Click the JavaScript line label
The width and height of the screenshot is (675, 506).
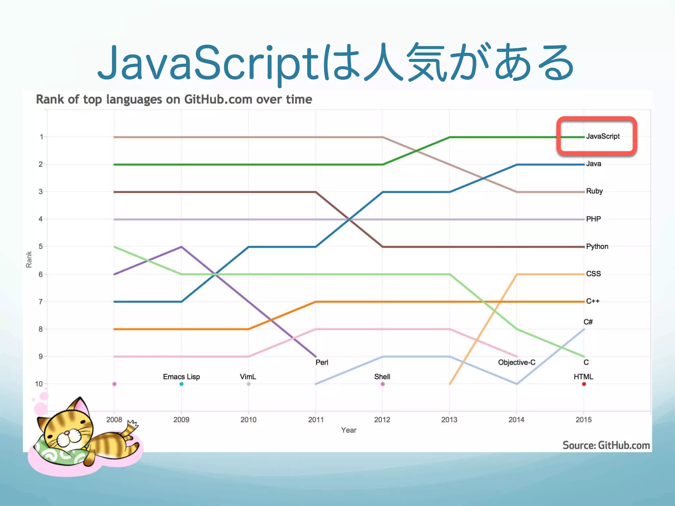602,136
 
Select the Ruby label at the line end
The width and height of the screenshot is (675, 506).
594,191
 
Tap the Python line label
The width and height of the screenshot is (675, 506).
597,246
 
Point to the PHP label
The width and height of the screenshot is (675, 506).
593,219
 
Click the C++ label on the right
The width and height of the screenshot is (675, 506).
593,301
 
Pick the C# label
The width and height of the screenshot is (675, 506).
588,322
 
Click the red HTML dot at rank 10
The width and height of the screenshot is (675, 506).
584,384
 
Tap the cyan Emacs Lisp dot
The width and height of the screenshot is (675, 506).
181,384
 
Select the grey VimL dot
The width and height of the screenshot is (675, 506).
249,384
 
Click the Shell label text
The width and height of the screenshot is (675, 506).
382,377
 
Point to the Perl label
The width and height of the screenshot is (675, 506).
322,362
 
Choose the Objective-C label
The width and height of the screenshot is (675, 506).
516,362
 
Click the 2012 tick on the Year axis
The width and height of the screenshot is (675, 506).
382,420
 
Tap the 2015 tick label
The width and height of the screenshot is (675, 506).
583,420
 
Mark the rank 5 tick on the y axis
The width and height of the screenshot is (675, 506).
41,246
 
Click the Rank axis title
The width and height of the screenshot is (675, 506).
29,260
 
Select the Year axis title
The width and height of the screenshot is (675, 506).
349,430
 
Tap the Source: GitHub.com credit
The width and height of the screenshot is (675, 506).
606,445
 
